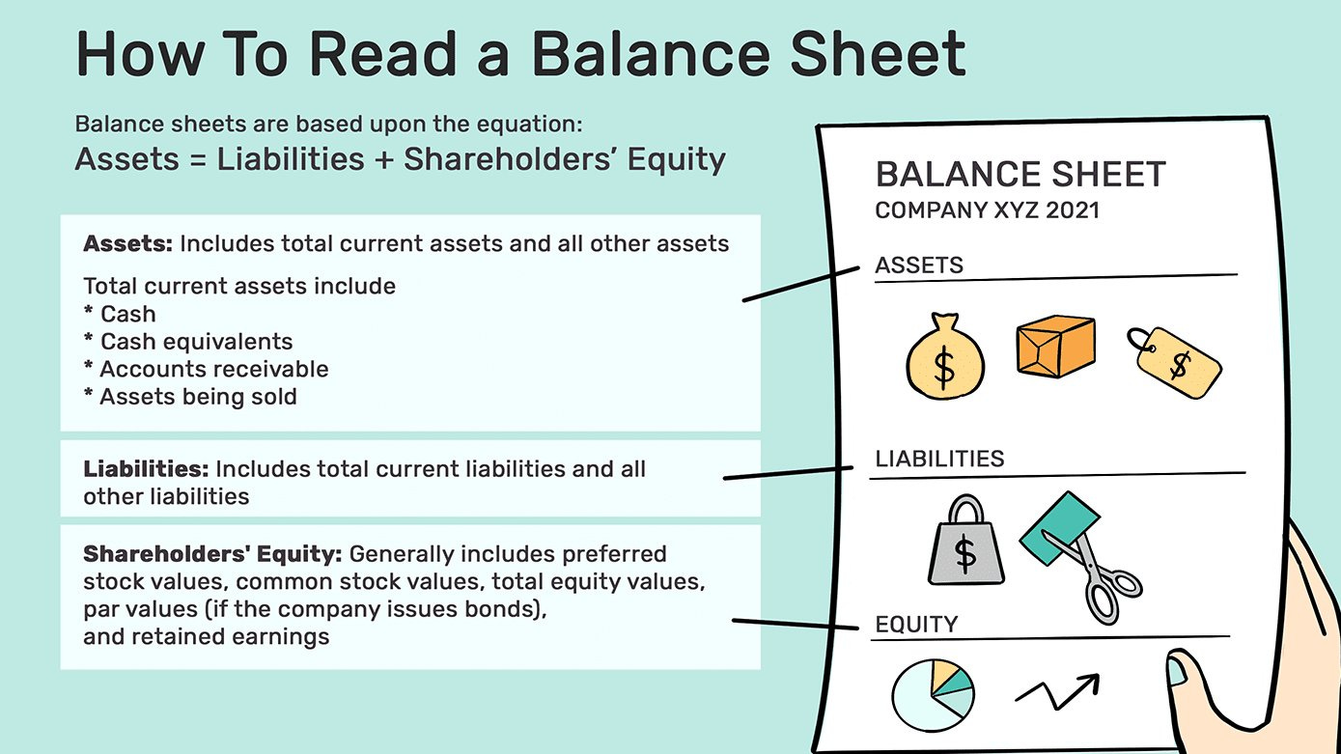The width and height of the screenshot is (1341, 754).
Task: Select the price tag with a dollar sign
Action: point(1175,364)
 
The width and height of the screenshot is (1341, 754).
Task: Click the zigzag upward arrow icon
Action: point(1057,690)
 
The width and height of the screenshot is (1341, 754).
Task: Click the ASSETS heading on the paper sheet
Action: point(919,265)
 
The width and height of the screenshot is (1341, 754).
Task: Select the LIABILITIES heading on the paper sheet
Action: point(939,459)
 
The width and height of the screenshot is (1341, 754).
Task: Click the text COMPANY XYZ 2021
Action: point(987,210)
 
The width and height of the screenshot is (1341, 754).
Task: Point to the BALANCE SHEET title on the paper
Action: point(1020,175)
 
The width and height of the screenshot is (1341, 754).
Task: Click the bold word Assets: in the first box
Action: point(127,243)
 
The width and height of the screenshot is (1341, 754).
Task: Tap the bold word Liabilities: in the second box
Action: point(146,469)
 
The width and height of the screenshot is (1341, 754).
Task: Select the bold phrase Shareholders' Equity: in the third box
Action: point(212,554)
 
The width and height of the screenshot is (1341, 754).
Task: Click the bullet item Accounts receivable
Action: point(213,369)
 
